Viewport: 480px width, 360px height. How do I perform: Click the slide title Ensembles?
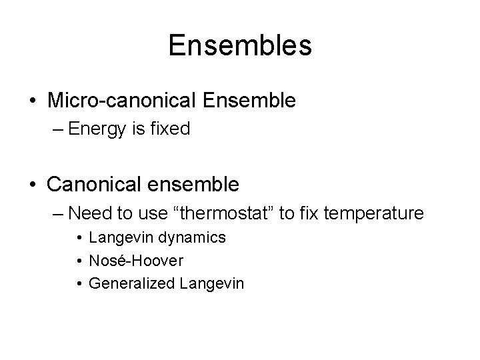pos(240,46)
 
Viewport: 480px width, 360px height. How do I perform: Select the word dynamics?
pos(195,237)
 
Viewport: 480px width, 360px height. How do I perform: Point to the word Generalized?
pos(131,284)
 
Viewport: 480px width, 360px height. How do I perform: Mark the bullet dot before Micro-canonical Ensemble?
pos(33,101)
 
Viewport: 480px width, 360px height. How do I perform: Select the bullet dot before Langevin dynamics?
pos(79,238)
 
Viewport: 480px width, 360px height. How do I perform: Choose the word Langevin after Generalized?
pos(212,284)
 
